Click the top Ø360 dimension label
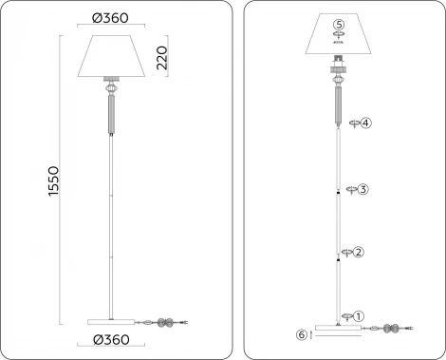coord(112,18)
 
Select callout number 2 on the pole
coord(359,252)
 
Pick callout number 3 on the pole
coord(362,190)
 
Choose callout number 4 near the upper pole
coord(365,123)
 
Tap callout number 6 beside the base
coord(302,334)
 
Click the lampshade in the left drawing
coord(112,56)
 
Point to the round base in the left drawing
coord(112,319)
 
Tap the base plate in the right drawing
coord(339,329)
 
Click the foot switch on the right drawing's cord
coord(390,329)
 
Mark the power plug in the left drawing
coord(193,324)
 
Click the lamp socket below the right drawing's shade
coord(339,67)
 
